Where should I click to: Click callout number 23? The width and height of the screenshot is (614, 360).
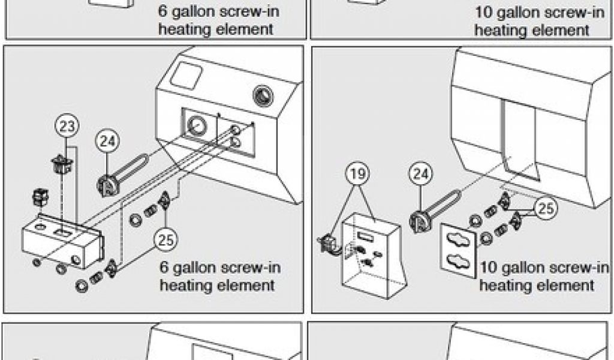pos(68,127)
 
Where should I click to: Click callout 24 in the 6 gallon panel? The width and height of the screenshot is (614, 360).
pos(108,142)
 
